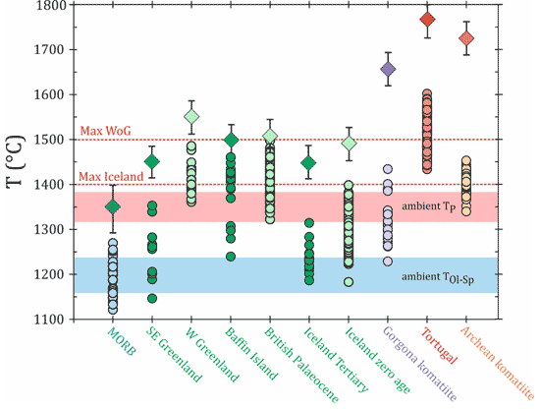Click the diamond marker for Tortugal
(x=427, y=20)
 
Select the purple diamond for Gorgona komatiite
(x=388, y=69)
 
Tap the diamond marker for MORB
(x=113, y=206)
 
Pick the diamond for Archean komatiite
(x=466, y=38)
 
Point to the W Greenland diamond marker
(x=191, y=117)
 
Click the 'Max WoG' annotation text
(x=105, y=131)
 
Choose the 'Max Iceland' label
(x=111, y=177)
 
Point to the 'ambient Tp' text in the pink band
(x=429, y=206)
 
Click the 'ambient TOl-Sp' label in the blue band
(x=438, y=277)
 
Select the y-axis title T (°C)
(x=16, y=161)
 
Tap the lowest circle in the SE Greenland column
(x=152, y=298)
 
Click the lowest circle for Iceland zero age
(x=349, y=282)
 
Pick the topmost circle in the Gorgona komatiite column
(x=388, y=169)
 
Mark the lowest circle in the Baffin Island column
(x=231, y=257)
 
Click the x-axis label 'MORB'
(x=122, y=341)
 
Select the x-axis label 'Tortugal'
(x=440, y=345)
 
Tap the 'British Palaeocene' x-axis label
(x=301, y=365)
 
